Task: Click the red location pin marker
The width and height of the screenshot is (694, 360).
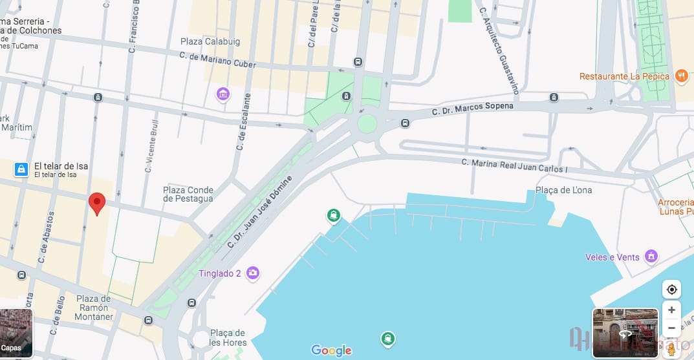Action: pyautogui.click(x=97, y=203)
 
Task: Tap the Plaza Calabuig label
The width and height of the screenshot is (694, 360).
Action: pyautogui.click(x=210, y=41)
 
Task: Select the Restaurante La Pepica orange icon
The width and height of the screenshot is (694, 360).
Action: pyautogui.click(x=681, y=76)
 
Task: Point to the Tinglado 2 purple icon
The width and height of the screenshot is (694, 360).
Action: pyautogui.click(x=253, y=273)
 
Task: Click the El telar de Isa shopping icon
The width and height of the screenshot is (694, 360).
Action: pyautogui.click(x=21, y=169)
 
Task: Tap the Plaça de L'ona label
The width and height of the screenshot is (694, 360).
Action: pyautogui.click(x=563, y=190)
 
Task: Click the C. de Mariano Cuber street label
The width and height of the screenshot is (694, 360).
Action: pyautogui.click(x=217, y=60)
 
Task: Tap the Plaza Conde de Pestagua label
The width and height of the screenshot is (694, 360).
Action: pyautogui.click(x=188, y=194)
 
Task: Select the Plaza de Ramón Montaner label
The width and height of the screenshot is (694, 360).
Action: pyautogui.click(x=94, y=308)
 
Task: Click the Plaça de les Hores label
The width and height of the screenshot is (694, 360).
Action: pyautogui.click(x=227, y=337)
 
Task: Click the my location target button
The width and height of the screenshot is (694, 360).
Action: pyautogui.click(x=671, y=289)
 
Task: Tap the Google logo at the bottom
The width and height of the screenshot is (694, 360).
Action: pyautogui.click(x=331, y=350)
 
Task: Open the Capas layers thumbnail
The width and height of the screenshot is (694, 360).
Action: pyautogui.click(x=16, y=333)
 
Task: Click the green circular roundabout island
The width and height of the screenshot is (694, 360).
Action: pyautogui.click(x=367, y=123)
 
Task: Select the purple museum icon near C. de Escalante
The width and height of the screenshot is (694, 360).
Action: pyautogui.click(x=223, y=95)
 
